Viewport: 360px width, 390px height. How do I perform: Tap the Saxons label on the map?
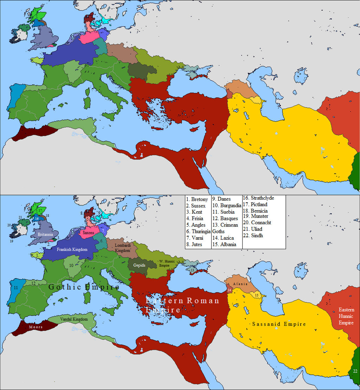[x=88, y=232]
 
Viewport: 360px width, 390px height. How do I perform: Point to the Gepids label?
[x=139, y=265]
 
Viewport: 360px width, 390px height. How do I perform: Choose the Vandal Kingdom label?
[x=73, y=319]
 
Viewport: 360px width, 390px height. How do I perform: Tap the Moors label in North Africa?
[x=36, y=327]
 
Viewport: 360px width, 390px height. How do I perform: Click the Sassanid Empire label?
[x=279, y=324]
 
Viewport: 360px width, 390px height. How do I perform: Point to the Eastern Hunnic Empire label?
[x=346, y=316]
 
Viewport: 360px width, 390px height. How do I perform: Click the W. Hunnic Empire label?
[x=166, y=263]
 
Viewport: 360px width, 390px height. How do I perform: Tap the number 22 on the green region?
[x=355, y=371]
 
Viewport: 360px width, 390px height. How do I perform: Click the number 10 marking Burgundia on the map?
[x=71, y=265]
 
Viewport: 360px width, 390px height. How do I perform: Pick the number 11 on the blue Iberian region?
[x=16, y=288]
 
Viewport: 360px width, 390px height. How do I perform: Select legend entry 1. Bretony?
[x=197, y=200]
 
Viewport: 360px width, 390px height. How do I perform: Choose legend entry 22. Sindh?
[x=255, y=235]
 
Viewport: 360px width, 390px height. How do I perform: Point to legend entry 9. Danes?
[x=221, y=199]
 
